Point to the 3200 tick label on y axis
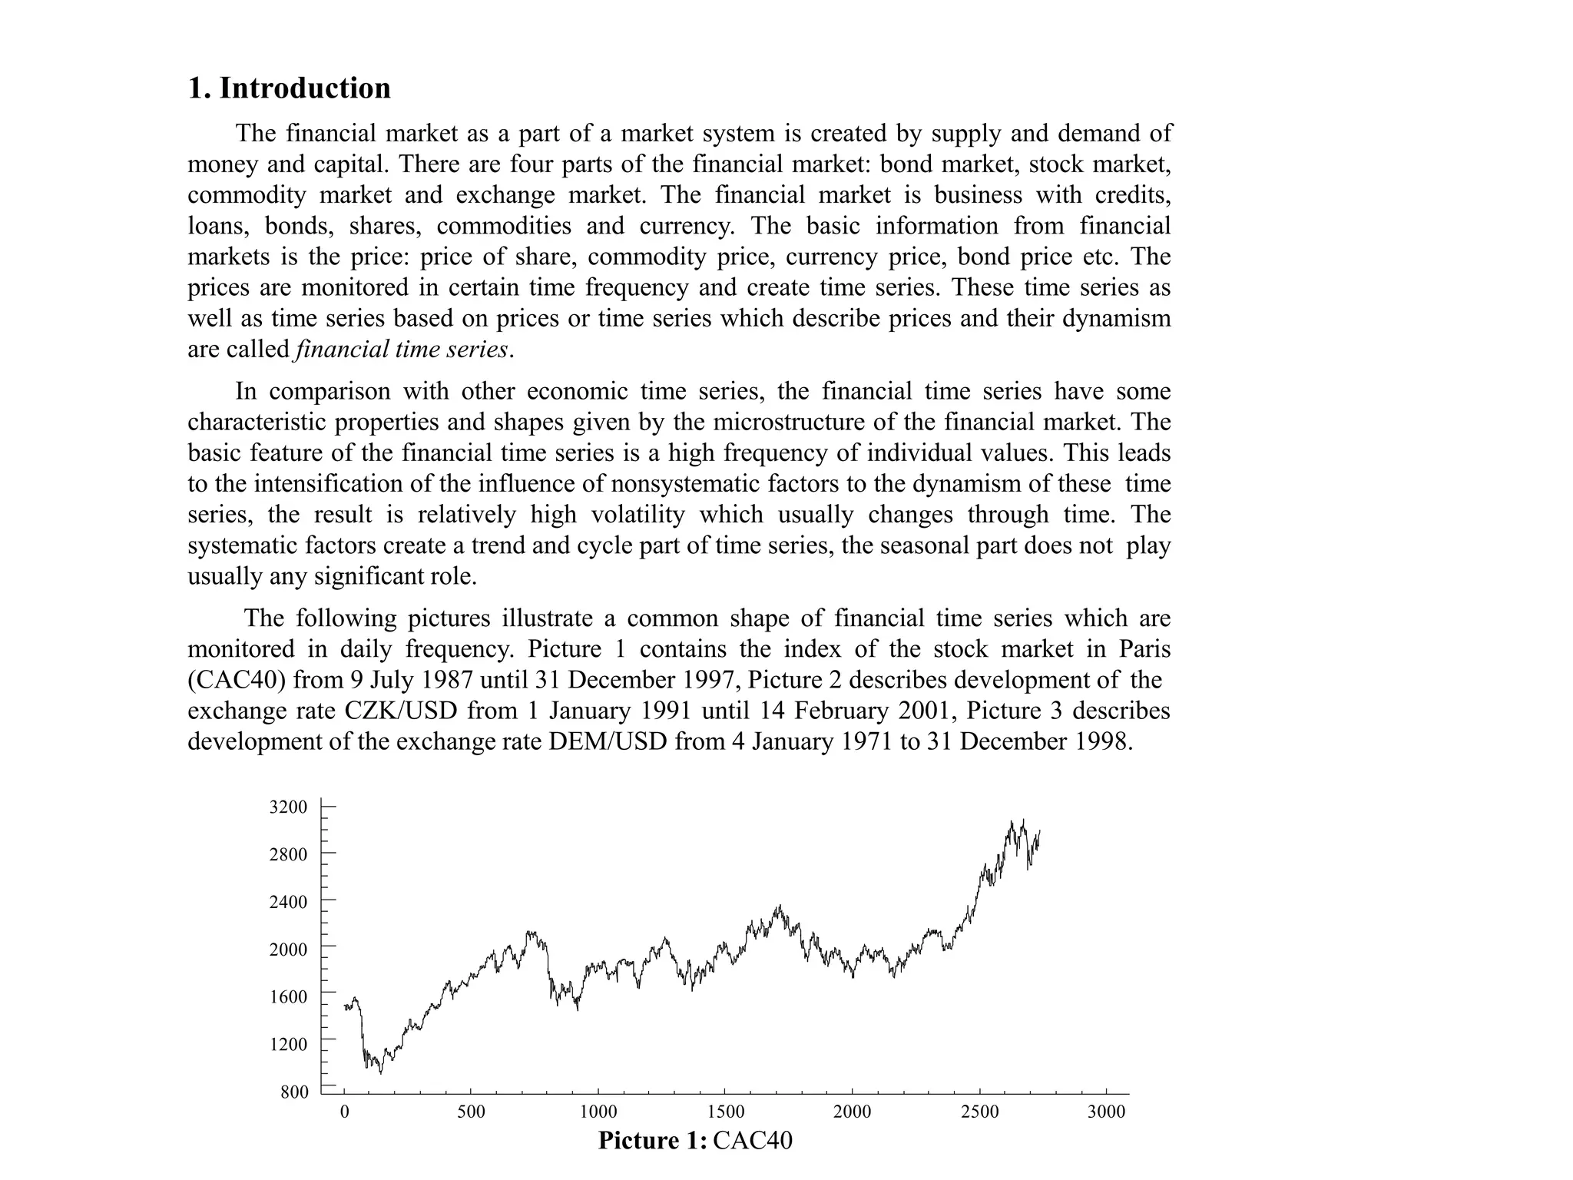(289, 807)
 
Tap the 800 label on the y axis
(294, 1092)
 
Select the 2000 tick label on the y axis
(289, 950)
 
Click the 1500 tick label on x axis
(725, 1112)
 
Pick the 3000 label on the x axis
(1106, 1112)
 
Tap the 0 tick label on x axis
(344, 1112)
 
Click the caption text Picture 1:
(652, 1141)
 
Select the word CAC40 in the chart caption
(753, 1141)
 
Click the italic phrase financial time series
(401, 350)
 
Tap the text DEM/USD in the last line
(608, 742)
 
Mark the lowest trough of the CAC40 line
(381, 1072)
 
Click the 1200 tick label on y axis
(289, 1044)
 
